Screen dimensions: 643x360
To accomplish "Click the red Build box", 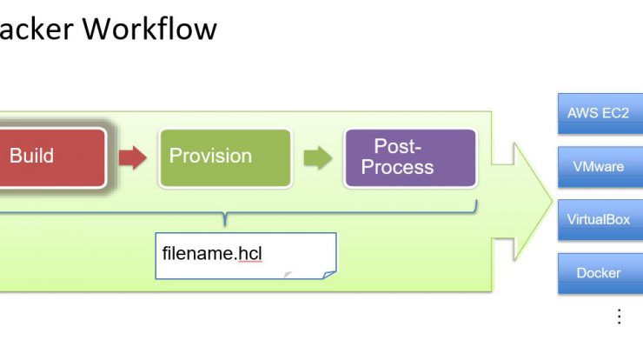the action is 52,158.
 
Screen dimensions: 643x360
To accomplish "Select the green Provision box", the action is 225,158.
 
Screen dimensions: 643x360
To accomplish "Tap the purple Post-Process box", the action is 410,158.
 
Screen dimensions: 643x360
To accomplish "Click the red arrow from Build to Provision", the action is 132,157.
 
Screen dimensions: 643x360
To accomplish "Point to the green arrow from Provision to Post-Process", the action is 318,157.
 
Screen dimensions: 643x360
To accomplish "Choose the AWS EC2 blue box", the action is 600,114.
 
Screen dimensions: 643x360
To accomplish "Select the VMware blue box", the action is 600,167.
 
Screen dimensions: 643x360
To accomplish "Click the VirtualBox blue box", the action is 600,220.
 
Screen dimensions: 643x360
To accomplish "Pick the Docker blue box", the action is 600,273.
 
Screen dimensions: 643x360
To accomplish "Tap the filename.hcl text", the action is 212,253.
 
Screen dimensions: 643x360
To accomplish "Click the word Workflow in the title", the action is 149,29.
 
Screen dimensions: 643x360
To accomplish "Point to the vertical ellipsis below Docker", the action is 620,317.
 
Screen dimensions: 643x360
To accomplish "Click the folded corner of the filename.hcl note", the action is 328,275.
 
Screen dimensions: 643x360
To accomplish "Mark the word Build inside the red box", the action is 31,156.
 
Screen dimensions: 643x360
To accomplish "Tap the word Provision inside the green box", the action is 210,156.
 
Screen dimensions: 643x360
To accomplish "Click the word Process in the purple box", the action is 397,167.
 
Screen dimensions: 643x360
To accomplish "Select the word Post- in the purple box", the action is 397,146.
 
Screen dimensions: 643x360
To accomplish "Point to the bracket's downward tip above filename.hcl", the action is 225,225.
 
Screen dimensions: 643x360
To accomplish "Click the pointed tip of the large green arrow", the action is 553,201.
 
